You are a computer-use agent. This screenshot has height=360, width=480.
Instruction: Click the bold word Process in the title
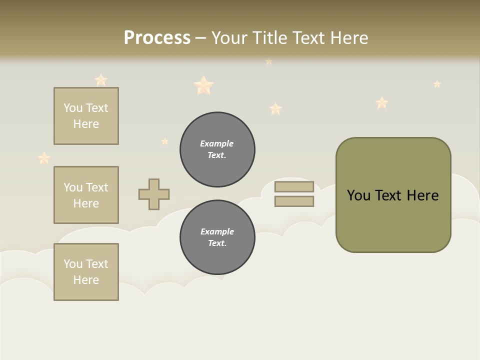click(x=157, y=37)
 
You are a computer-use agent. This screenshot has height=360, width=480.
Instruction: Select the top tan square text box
click(x=86, y=116)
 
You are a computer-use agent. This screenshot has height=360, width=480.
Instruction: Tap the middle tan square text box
click(x=86, y=195)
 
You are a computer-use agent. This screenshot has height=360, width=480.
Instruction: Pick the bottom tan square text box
click(x=86, y=272)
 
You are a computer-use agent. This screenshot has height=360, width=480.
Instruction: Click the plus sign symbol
click(x=154, y=194)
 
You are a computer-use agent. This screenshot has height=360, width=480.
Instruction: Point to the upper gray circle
click(x=217, y=149)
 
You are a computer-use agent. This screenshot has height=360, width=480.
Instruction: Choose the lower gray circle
click(x=217, y=237)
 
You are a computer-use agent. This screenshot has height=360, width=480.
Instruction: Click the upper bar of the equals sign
click(x=294, y=186)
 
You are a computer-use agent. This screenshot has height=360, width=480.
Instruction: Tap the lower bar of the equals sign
click(x=294, y=201)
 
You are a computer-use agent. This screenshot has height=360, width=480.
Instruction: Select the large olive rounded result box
click(x=393, y=195)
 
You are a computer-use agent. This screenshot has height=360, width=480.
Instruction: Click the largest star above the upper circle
click(x=203, y=85)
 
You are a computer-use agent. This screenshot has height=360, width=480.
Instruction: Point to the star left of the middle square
click(x=44, y=158)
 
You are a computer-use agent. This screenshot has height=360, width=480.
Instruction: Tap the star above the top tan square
click(x=101, y=79)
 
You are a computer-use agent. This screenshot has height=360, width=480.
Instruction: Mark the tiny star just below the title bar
click(x=269, y=61)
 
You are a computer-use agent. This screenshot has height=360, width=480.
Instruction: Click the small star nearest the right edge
click(x=437, y=84)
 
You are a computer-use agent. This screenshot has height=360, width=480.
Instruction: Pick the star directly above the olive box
click(x=382, y=103)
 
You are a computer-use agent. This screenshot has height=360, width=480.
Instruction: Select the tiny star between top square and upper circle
click(x=165, y=141)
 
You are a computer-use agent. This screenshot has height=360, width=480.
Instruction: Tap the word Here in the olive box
click(x=422, y=195)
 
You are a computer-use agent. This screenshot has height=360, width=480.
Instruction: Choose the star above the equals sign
click(x=275, y=108)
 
